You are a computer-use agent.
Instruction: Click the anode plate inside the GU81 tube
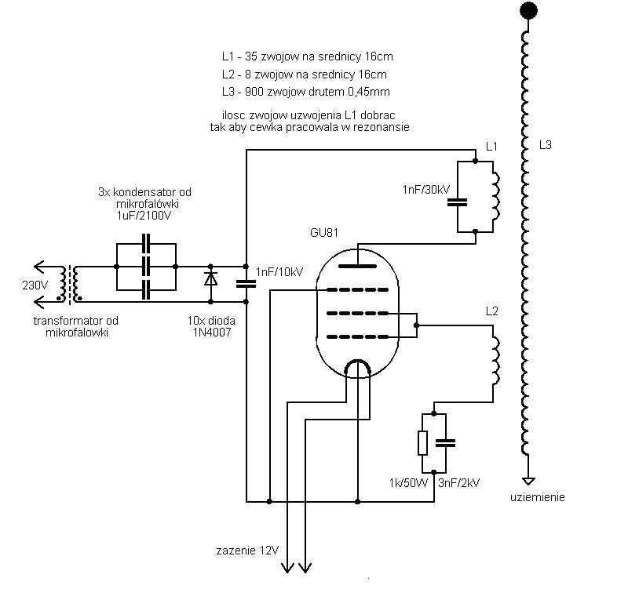(x=358, y=266)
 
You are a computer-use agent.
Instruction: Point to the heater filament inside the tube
(x=358, y=367)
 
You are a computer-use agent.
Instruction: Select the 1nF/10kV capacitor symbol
(x=246, y=282)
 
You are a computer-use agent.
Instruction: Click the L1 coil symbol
(x=495, y=197)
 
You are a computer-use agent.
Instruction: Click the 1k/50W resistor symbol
(x=423, y=443)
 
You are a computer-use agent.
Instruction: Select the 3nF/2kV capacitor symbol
(x=446, y=442)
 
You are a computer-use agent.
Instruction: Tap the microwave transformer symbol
(x=74, y=284)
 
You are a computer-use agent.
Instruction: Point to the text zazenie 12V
(x=247, y=551)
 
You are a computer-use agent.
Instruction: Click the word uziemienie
(x=537, y=497)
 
